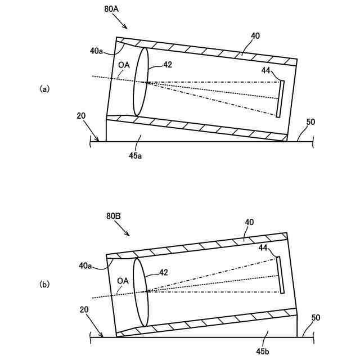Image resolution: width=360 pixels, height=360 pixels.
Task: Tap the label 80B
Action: (x=113, y=216)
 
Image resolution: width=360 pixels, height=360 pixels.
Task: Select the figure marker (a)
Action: (x=45, y=88)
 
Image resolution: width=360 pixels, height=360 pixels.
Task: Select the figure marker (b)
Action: (x=45, y=285)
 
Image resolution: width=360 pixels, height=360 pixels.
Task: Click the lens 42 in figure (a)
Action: (x=141, y=82)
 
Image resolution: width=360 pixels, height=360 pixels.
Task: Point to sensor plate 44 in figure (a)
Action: (x=280, y=99)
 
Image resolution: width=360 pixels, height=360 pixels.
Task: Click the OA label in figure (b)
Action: (x=123, y=280)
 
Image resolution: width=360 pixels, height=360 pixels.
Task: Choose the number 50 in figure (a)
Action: (x=310, y=121)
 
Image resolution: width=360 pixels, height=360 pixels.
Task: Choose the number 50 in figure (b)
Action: (x=316, y=318)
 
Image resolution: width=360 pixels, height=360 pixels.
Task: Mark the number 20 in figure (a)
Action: (x=81, y=116)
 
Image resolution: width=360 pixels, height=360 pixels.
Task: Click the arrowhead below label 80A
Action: (x=127, y=28)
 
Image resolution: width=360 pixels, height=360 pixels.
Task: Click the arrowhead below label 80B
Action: (x=129, y=235)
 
